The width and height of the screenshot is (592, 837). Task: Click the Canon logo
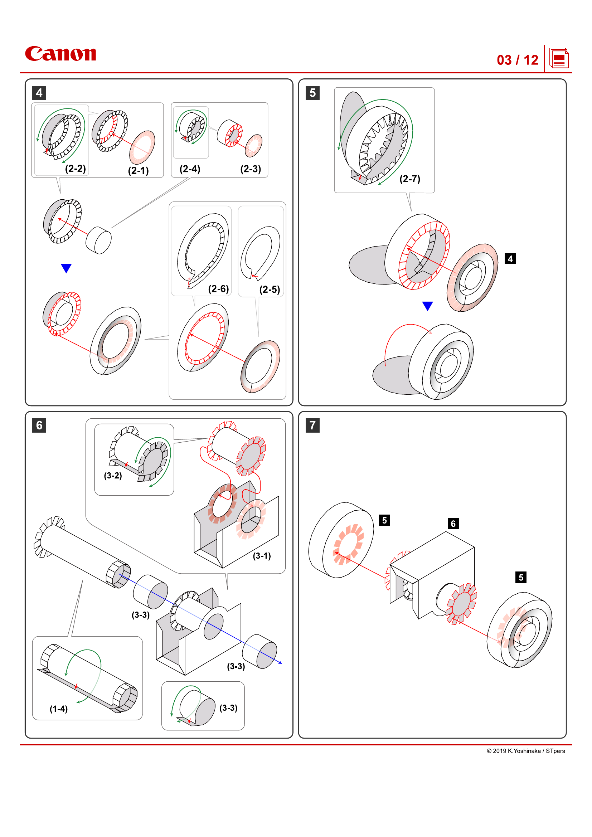tap(60, 54)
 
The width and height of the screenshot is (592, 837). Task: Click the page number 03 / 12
tap(517, 60)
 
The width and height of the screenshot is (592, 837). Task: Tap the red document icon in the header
tap(558, 58)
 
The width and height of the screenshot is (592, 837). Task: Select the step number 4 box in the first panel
tap(39, 93)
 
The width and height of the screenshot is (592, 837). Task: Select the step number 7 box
tap(312, 425)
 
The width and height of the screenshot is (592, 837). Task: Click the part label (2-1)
tap(138, 171)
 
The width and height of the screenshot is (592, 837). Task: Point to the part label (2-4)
tap(190, 169)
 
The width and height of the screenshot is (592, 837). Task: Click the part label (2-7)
tap(409, 179)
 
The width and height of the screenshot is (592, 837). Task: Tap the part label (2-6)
tap(218, 289)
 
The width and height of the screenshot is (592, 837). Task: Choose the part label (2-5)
tap(270, 289)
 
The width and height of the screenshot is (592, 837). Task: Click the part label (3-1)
tap(261, 556)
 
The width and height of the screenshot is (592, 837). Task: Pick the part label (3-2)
tap(113, 475)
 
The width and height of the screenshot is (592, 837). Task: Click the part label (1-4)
tap(58, 709)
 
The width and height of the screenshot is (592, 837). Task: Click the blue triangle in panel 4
tap(66, 268)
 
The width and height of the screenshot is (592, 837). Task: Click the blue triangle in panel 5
tap(427, 306)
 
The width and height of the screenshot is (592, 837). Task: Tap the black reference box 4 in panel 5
tap(510, 259)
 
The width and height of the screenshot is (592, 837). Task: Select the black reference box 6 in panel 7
tap(453, 524)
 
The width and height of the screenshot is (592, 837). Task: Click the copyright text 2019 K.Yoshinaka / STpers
tap(525, 751)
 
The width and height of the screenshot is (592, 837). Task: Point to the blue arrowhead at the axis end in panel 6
tap(280, 662)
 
